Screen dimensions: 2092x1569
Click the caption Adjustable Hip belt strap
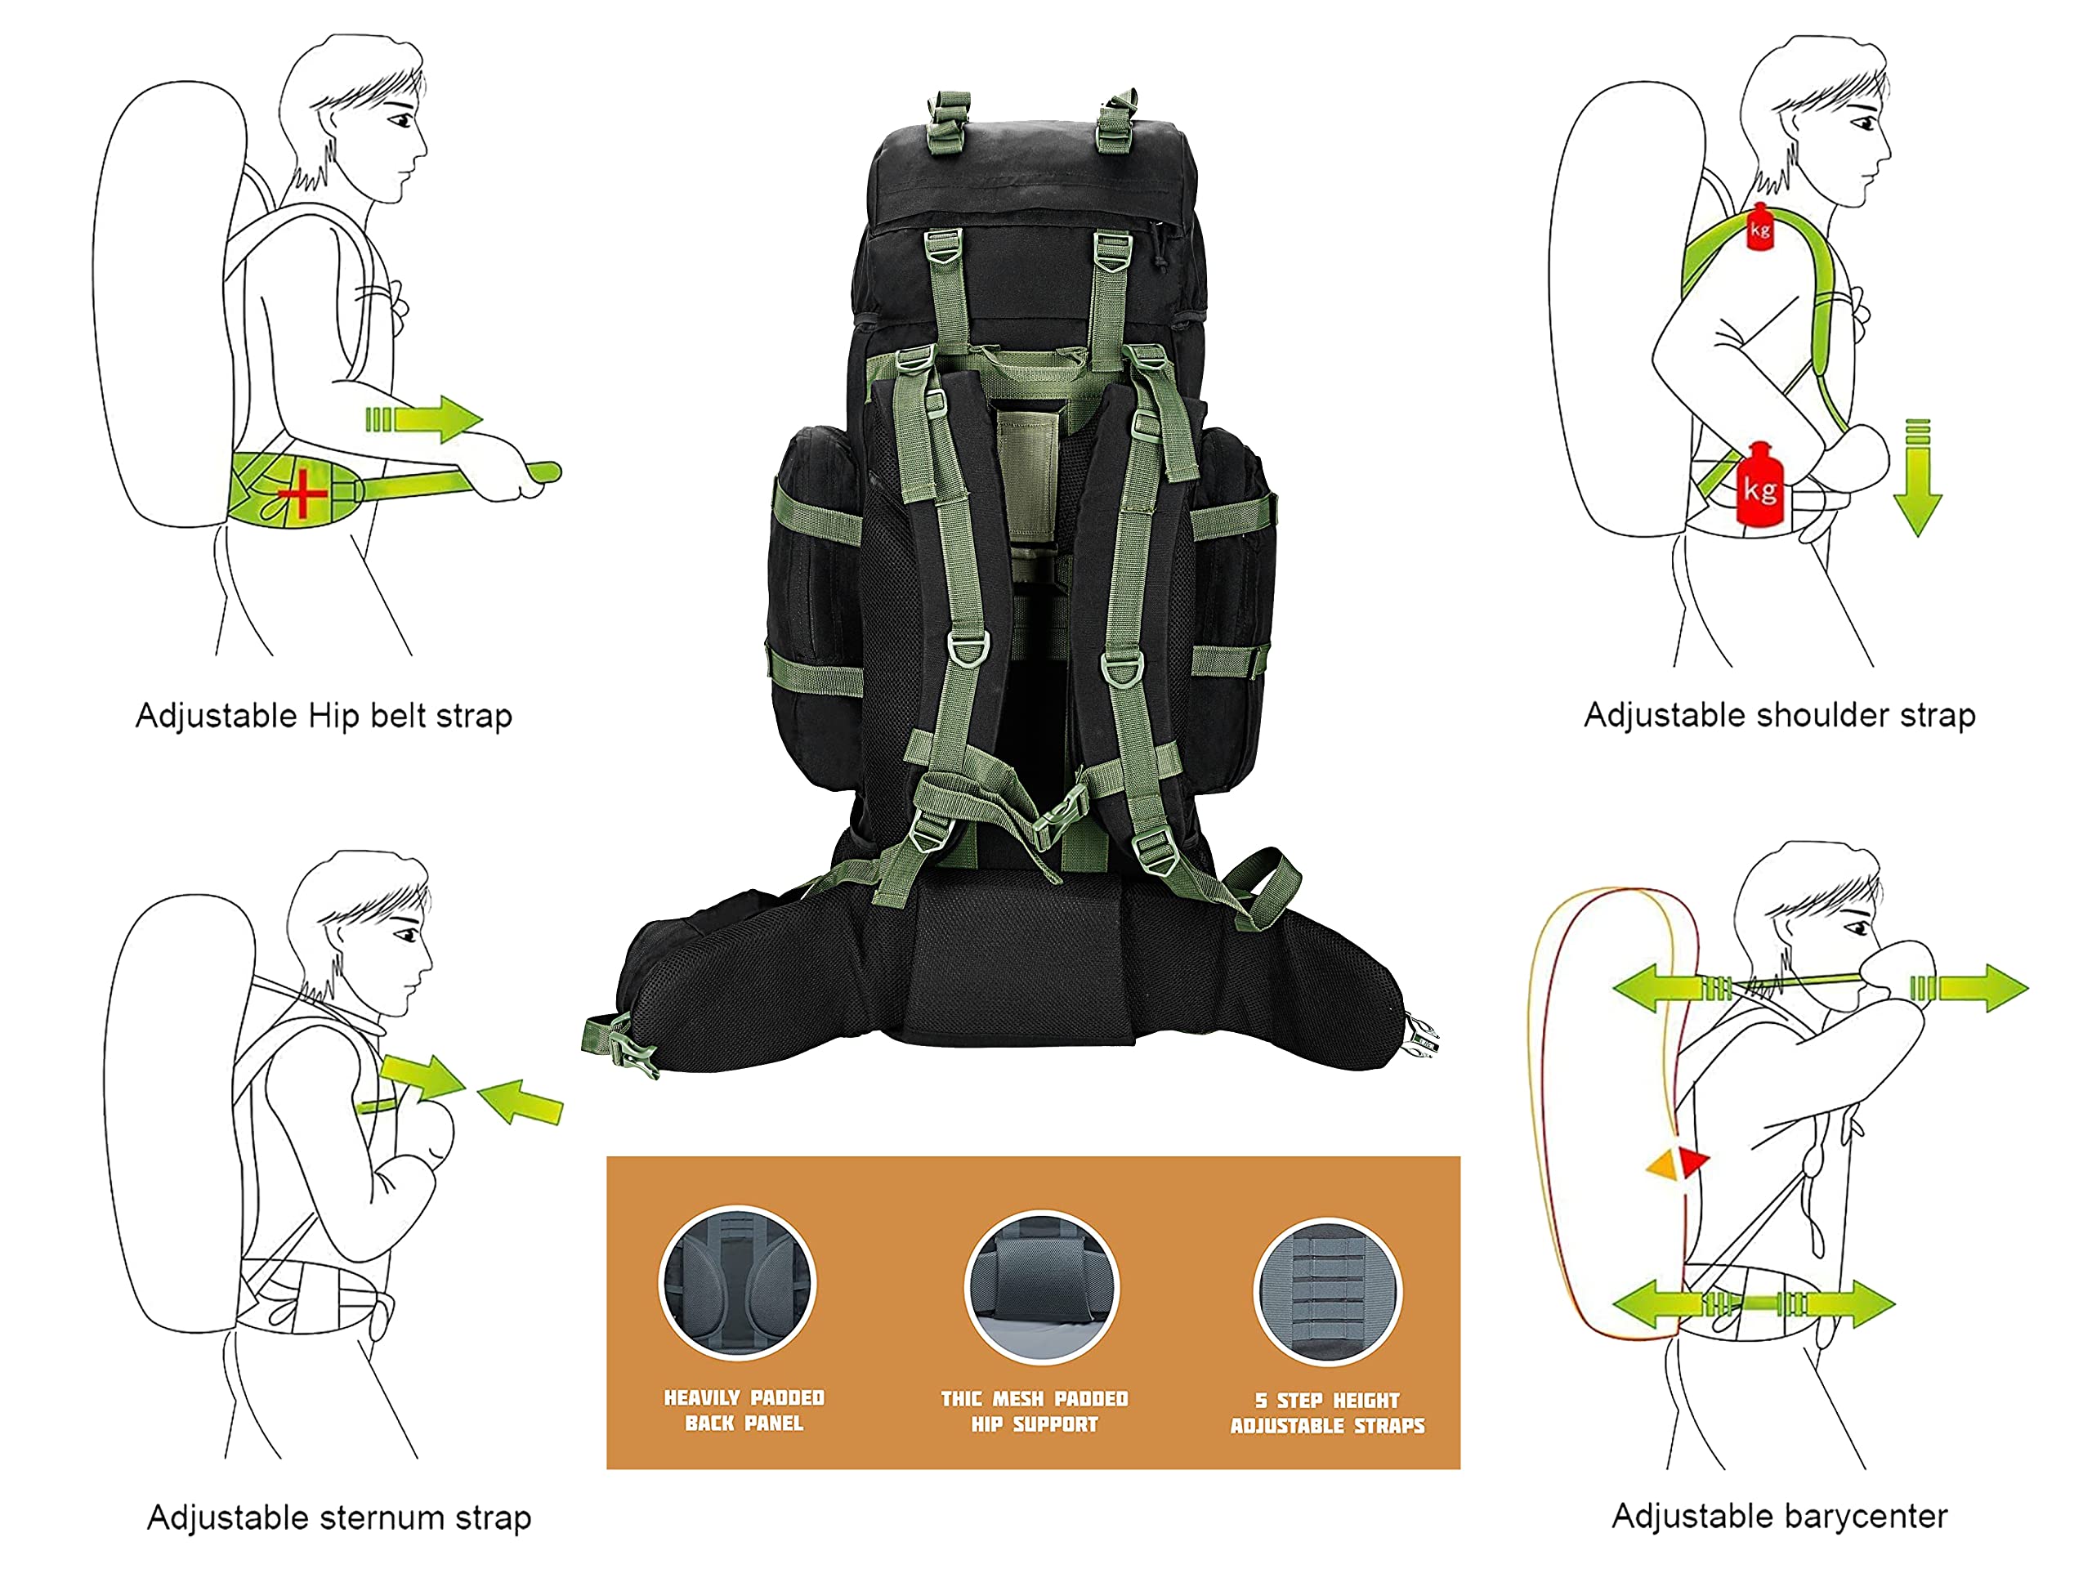tap(324, 716)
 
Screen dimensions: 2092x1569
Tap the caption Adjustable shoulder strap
tap(1779, 715)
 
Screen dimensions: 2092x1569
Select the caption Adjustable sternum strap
tap(338, 1518)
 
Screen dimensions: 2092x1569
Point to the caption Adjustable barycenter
tap(1779, 1516)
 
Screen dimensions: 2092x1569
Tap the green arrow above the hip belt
tap(427, 418)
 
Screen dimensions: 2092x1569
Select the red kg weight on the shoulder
tap(1760, 228)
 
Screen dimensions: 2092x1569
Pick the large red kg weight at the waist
tap(1759, 486)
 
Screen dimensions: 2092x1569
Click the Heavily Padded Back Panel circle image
tap(738, 1283)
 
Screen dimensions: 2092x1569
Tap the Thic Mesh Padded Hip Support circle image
tap(1041, 1286)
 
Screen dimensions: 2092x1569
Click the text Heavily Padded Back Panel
tap(744, 1410)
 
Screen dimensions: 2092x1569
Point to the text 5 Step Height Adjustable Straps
tap(1327, 1413)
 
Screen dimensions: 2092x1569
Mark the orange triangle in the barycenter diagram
tap(1663, 1164)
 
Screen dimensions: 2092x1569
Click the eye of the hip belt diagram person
tap(403, 120)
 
